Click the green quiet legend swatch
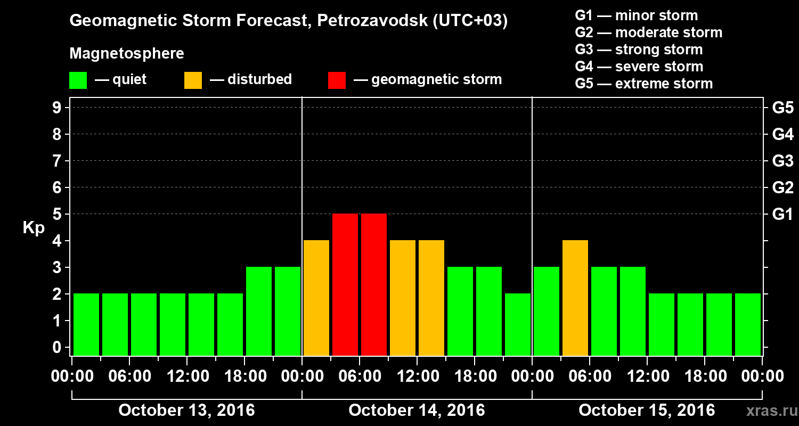(x=78, y=80)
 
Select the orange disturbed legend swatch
(x=193, y=80)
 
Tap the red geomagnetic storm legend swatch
(x=337, y=80)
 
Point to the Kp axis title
(x=34, y=228)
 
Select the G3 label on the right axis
(x=782, y=161)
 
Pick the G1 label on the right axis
(x=782, y=214)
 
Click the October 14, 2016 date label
(x=417, y=411)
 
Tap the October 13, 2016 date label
(x=186, y=411)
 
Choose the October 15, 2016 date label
(x=647, y=411)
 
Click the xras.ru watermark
(x=768, y=411)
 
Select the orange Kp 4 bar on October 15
(x=575, y=298)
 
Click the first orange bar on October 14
(x=316, y=298)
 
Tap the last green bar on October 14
(x=518, y=324)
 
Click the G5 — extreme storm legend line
(x=643, y=84)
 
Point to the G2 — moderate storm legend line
(x=648, y=32)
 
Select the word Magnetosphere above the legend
(x=127, y=54)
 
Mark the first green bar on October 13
(x=86, y=324)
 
